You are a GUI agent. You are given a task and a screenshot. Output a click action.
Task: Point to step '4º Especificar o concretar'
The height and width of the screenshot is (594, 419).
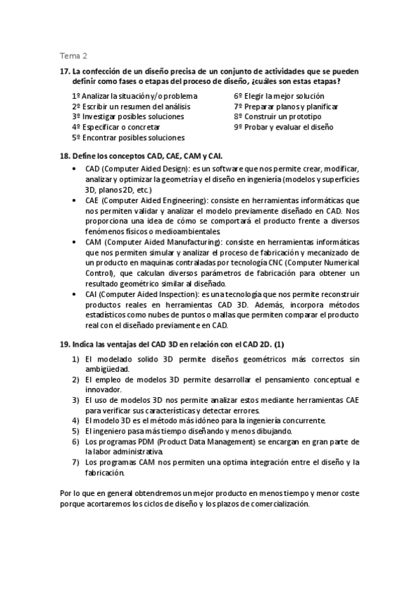[116, 127]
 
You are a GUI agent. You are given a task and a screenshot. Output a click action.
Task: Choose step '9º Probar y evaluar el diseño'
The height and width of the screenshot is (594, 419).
[284, 127]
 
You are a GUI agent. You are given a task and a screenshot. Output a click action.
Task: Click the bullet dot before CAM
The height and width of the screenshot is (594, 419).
[76, 242]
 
